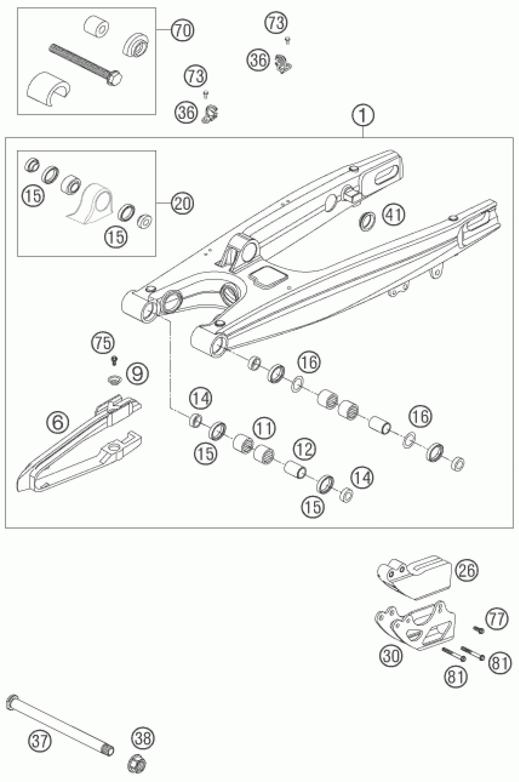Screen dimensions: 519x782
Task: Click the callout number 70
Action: [182, 31]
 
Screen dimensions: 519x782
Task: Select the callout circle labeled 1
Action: [363, 115]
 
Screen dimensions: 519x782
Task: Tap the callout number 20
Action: [182, 203]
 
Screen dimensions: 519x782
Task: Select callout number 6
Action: [58, 422]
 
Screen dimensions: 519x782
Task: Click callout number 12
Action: [304, 449]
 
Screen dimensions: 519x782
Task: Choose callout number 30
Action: [390, 656]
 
